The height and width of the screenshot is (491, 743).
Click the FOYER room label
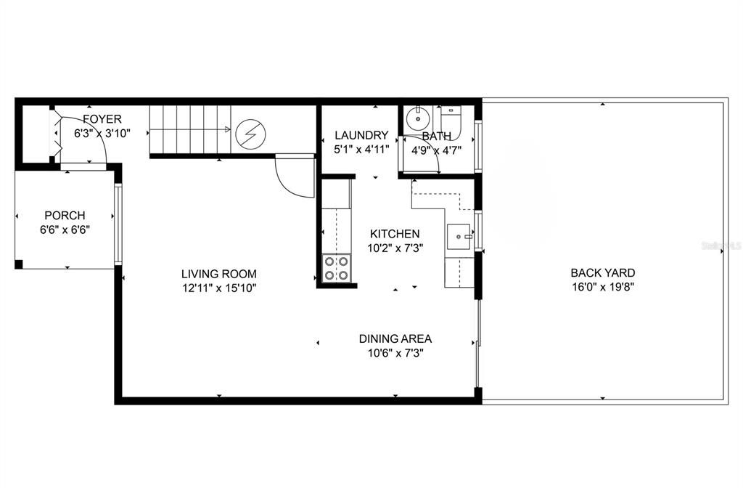tap(102, 119)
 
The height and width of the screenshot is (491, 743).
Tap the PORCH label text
tap(65, 215)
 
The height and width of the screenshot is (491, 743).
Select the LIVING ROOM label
tap(219, 274)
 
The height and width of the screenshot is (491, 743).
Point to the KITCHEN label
tap(395, 234)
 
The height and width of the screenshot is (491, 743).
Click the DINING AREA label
tap(395, 338)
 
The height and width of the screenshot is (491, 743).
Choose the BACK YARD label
tap(603, 273)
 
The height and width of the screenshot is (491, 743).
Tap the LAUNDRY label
tap(361, 135)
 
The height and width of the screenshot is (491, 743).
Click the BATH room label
tap(436, 136)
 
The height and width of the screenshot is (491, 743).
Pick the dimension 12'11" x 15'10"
tap(219, 288)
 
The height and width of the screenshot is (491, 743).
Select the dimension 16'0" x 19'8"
tap(603, 286)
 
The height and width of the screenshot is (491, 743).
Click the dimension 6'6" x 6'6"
tap(65, 230)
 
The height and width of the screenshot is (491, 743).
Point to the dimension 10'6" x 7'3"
tap(395, 353)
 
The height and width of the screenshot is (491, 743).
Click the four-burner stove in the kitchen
tap(336, 268)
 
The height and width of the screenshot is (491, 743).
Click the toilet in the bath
tap(451, 117)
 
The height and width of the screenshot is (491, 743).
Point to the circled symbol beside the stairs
tap(251, 134)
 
